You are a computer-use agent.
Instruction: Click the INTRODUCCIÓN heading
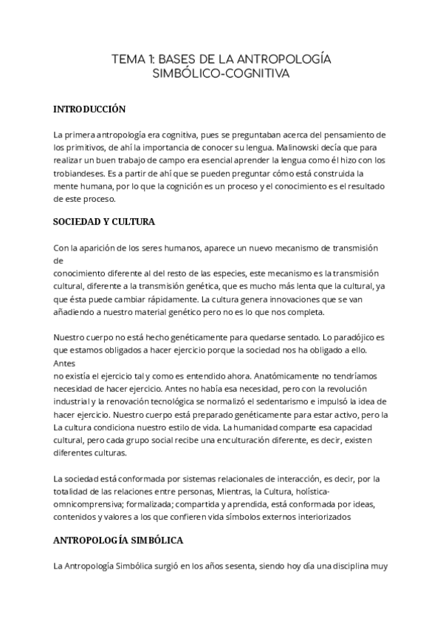(89, 109)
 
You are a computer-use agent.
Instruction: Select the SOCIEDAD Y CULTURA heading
(103, 222)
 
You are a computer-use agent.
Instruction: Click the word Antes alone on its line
(64, 364)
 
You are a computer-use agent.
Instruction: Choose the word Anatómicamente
(236, 376)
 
